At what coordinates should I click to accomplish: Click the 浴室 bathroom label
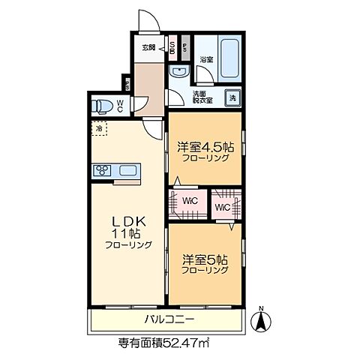[205, 58]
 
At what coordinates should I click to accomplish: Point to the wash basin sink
[178, 72]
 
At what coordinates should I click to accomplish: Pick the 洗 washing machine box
[232, 98]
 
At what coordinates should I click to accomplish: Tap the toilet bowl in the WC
[101, 105]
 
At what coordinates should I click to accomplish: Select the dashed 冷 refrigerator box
[99, 129]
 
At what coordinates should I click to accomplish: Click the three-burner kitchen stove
[101, 169]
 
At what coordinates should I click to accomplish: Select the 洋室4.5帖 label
[205, 148]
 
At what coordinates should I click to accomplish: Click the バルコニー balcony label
[169, 320]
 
